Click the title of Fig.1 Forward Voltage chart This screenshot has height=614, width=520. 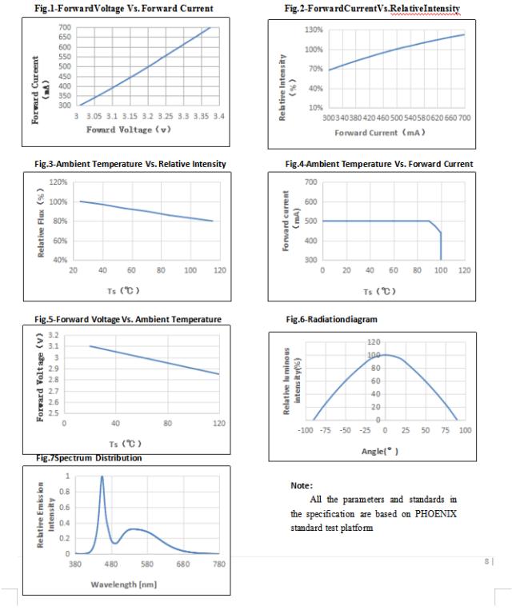pos(124,8)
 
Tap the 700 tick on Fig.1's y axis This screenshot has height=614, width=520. pos(65,27)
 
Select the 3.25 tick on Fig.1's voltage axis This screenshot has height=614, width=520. pos(166,116)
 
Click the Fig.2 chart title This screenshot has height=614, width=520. pos(372,8)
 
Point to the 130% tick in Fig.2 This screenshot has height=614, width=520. pos(314,30)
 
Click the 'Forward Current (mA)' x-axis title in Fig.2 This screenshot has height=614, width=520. pos(380,133)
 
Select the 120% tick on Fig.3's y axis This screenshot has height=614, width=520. pos(58,182)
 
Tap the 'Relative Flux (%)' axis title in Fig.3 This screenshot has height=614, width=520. pos(41,223)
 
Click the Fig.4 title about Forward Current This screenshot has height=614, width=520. pos(379,164)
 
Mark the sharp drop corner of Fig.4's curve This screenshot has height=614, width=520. pos(441,233)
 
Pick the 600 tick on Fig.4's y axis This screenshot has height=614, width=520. pos(310,201)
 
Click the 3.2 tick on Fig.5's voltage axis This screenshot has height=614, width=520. pos(54,335)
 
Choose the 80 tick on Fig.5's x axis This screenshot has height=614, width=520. pos(167,423)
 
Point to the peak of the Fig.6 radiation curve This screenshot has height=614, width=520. pos(386,355)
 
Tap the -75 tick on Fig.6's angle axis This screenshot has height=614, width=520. pos(326,430)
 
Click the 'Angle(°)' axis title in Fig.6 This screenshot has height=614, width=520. pos(380,451)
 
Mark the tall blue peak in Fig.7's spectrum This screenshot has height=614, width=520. pos(102,477)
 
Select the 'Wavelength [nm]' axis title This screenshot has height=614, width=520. pos(124,584)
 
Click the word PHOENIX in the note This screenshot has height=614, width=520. pos(436,514)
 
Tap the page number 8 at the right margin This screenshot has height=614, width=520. pos(486,561)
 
